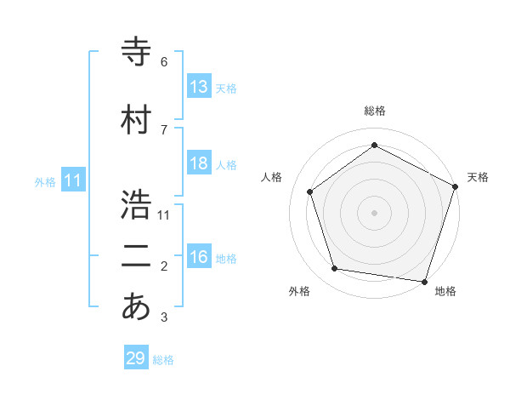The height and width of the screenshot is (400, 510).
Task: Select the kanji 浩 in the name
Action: click(137, 204)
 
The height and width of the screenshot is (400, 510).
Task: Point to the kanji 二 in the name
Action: click(137, 256)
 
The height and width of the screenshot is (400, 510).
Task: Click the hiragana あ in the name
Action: click(137, 307)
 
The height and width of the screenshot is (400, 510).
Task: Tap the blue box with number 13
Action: click(199, 87)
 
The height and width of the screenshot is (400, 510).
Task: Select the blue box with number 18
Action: click(199, 163)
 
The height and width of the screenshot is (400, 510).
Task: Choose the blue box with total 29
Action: click(136, 358)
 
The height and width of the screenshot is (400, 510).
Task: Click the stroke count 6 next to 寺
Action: click(164, 62)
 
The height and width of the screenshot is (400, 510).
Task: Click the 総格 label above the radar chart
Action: click(374, 111)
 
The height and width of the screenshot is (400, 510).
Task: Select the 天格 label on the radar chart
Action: click(478, 177)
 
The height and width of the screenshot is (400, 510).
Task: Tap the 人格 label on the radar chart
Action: click(272, 177)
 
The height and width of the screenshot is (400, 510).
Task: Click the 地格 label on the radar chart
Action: click(445, 291)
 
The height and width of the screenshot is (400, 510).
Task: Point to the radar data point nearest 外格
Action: click(335, 269)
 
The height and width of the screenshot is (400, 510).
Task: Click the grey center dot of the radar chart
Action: click(374, 212)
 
